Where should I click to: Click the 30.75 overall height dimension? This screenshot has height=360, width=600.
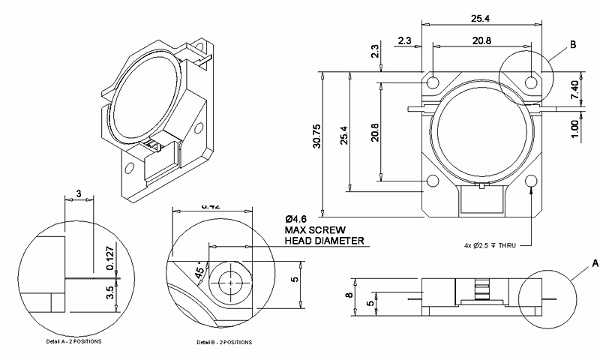(x=316, y=142)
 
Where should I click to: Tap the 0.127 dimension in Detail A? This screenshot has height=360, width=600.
(x=109, y=256)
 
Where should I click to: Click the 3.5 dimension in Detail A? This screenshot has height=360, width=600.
(x=109, y=292)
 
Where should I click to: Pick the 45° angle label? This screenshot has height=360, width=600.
(x=199, y=273)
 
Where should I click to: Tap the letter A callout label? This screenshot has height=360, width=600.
(x=595, y=263)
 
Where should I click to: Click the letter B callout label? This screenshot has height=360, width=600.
(x=572, y=45)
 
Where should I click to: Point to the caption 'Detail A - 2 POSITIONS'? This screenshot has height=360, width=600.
(x=73, y=341)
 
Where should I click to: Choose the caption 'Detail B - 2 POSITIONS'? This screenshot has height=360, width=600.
(x=224, y=342)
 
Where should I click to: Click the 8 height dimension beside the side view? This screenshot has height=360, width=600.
(x=348, y=295)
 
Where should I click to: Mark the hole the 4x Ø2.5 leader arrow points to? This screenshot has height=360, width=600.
(x=532, y=181)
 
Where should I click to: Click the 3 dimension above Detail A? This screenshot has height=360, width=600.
(x=79, y=193)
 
